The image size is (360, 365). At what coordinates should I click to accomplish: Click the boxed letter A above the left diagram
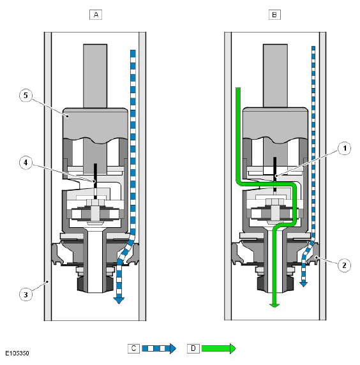point(96,15)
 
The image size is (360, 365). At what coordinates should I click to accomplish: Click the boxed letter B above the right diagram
point(274,15)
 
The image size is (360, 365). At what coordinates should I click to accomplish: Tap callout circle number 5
point(26,96)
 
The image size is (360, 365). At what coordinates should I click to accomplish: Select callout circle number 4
point(26,163)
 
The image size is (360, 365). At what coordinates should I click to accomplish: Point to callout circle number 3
point(26,294)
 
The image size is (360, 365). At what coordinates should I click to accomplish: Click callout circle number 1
point(345,148)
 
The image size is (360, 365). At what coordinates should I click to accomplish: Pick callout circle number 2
point(344,265)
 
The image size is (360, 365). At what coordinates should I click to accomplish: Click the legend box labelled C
point(133,348)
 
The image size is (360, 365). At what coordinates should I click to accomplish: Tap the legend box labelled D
point(193,348)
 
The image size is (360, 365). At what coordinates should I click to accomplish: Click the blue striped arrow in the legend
point(159,348)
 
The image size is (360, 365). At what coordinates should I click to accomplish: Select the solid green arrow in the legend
point(218,348)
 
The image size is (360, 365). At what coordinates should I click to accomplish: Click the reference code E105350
point(17,353)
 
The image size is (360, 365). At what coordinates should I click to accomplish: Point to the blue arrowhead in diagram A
point(119,301)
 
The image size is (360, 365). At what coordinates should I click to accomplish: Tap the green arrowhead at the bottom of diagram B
point(274,306)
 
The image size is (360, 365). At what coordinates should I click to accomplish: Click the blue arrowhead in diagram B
point(303,284)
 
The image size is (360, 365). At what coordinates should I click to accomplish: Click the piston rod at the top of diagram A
point(95,76)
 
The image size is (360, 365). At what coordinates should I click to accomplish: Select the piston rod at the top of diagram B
point(275,76)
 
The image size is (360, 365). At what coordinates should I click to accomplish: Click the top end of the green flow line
point(238,88)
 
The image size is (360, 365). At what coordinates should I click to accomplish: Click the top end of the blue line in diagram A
point(133,50)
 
